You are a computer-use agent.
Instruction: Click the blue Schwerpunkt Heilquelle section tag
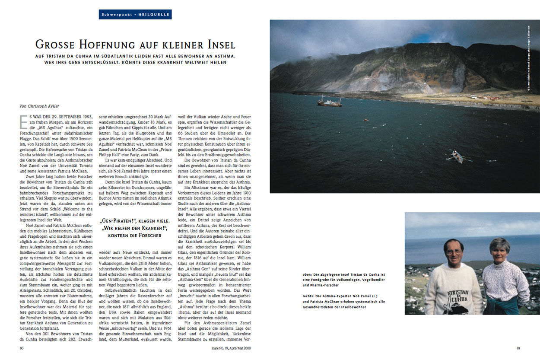point(135,14)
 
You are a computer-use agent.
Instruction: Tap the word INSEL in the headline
point(218,45)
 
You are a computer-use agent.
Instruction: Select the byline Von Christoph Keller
point(38,105)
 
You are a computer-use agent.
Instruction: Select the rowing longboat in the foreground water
point(457,156)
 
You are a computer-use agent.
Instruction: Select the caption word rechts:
point(309,296)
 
